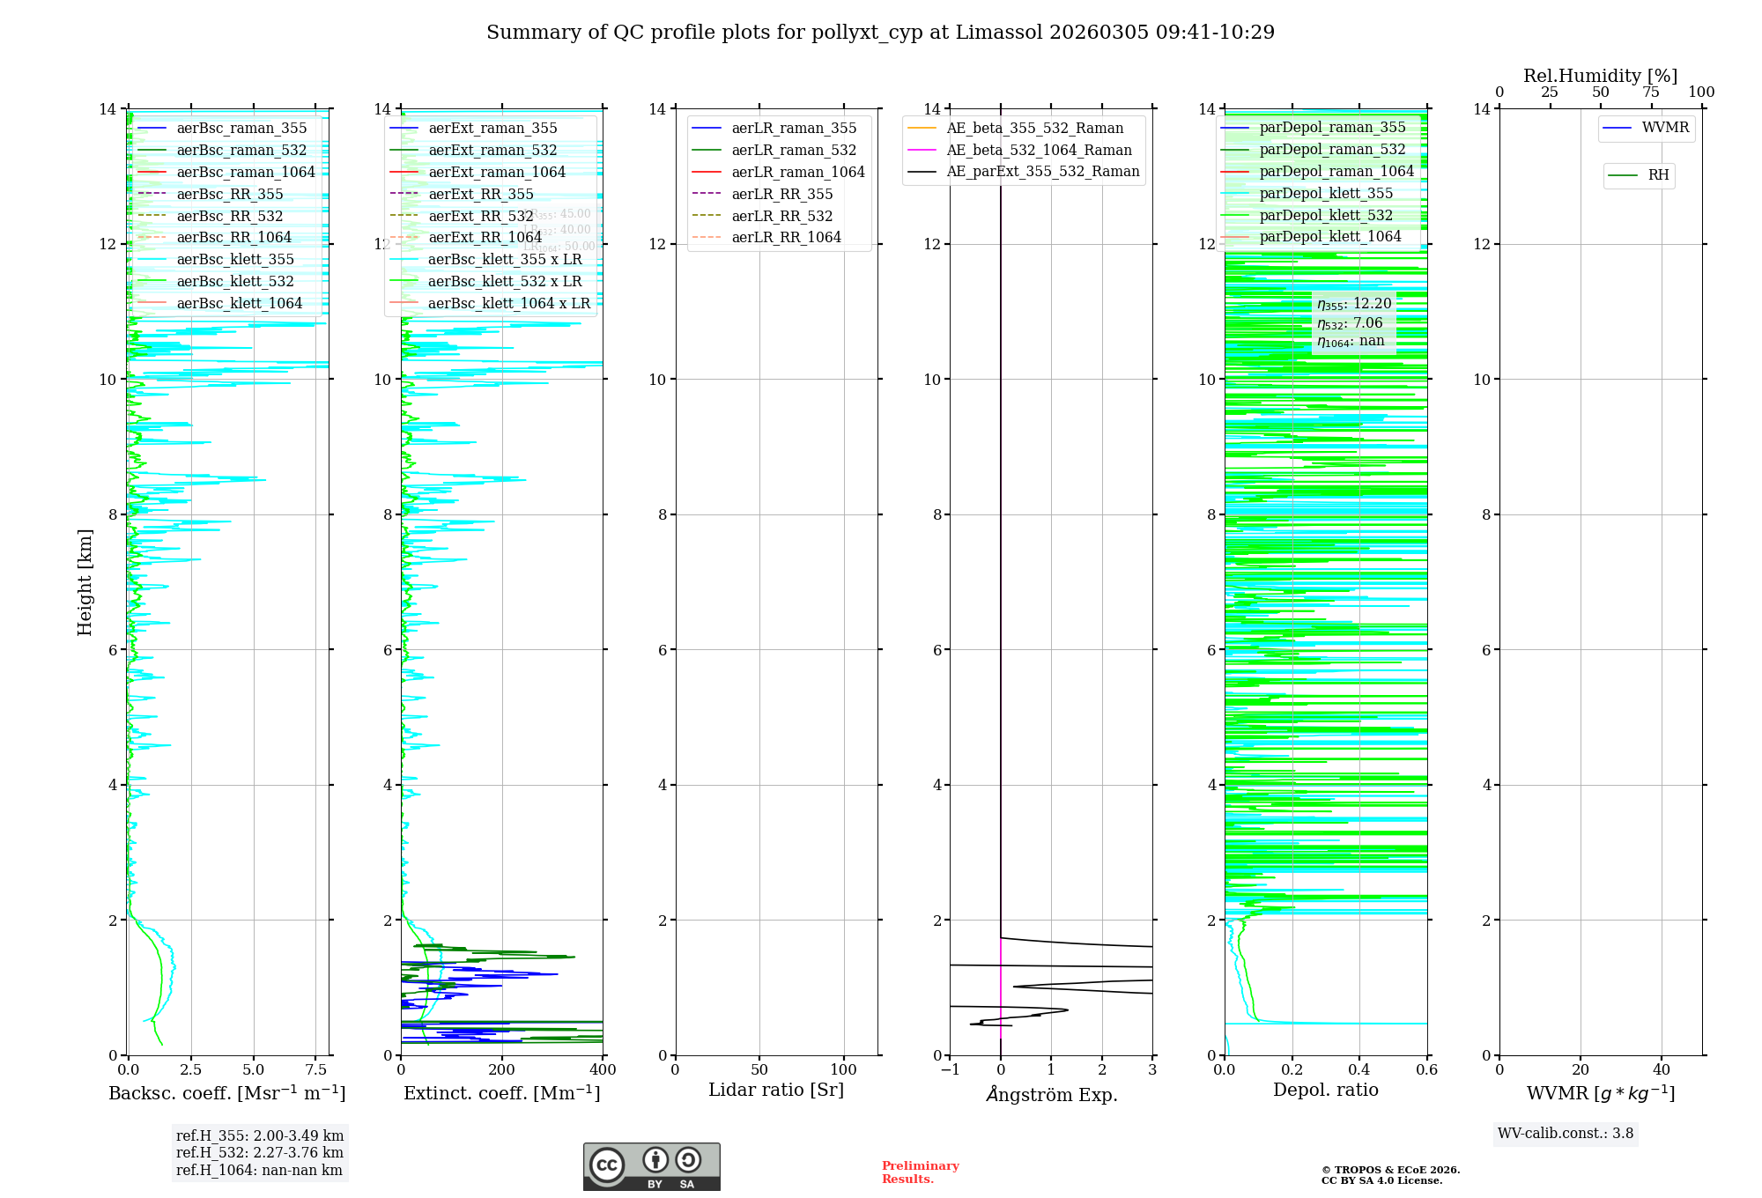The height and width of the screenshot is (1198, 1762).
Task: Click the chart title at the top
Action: [880, 33]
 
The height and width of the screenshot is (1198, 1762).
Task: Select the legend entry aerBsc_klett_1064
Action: [239, 303]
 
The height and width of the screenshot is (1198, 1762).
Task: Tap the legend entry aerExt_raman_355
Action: [492, 129]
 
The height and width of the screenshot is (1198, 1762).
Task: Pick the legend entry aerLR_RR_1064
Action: [786, 237]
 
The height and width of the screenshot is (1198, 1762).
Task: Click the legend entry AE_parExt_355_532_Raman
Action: [1042, 172]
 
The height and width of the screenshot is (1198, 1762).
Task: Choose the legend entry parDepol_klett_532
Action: [1326, 215]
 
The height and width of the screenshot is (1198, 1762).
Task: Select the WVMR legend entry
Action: [1664, 128]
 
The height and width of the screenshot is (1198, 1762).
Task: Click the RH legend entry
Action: [1657, 175]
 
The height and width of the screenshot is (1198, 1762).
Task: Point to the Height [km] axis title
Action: [85, 581]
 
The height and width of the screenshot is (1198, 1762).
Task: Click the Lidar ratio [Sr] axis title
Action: [776, 1090]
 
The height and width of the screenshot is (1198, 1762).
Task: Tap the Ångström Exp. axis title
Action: [1051, 1094]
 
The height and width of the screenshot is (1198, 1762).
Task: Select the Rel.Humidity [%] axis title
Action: [1600, 76]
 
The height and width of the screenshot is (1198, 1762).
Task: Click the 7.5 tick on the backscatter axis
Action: [316, 1070]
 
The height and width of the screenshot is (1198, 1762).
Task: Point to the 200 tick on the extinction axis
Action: [502, 1070]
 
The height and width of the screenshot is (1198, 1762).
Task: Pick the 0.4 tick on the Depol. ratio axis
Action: [1359, 1070]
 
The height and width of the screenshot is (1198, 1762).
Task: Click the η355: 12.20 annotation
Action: [1354, 304]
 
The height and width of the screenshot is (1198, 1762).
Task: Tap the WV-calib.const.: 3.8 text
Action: [1566, 1134]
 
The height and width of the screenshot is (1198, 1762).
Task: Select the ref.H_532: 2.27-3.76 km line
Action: [260, 1152]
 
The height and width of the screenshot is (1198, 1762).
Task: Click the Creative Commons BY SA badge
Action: [651, 1167]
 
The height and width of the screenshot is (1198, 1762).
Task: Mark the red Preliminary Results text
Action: [920, 1172]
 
